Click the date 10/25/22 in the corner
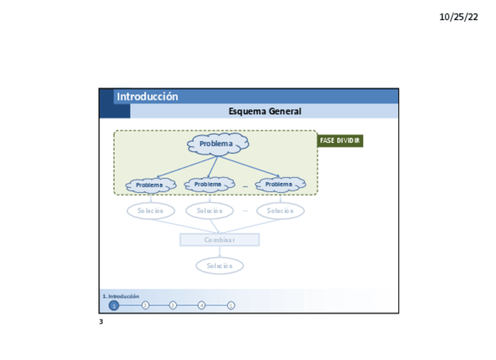459,17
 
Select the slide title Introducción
147,97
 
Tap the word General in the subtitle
285,111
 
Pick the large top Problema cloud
218,144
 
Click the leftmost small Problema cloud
150,185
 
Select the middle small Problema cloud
209,184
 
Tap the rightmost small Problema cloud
280,184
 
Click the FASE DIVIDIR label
340,141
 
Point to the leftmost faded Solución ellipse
151,211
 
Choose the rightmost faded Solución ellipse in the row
280,211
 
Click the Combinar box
219,240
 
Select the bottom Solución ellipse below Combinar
219,266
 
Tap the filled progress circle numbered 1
114,306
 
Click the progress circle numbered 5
231,306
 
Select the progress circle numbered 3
173,306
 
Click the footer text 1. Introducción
121,296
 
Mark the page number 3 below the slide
101,322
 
